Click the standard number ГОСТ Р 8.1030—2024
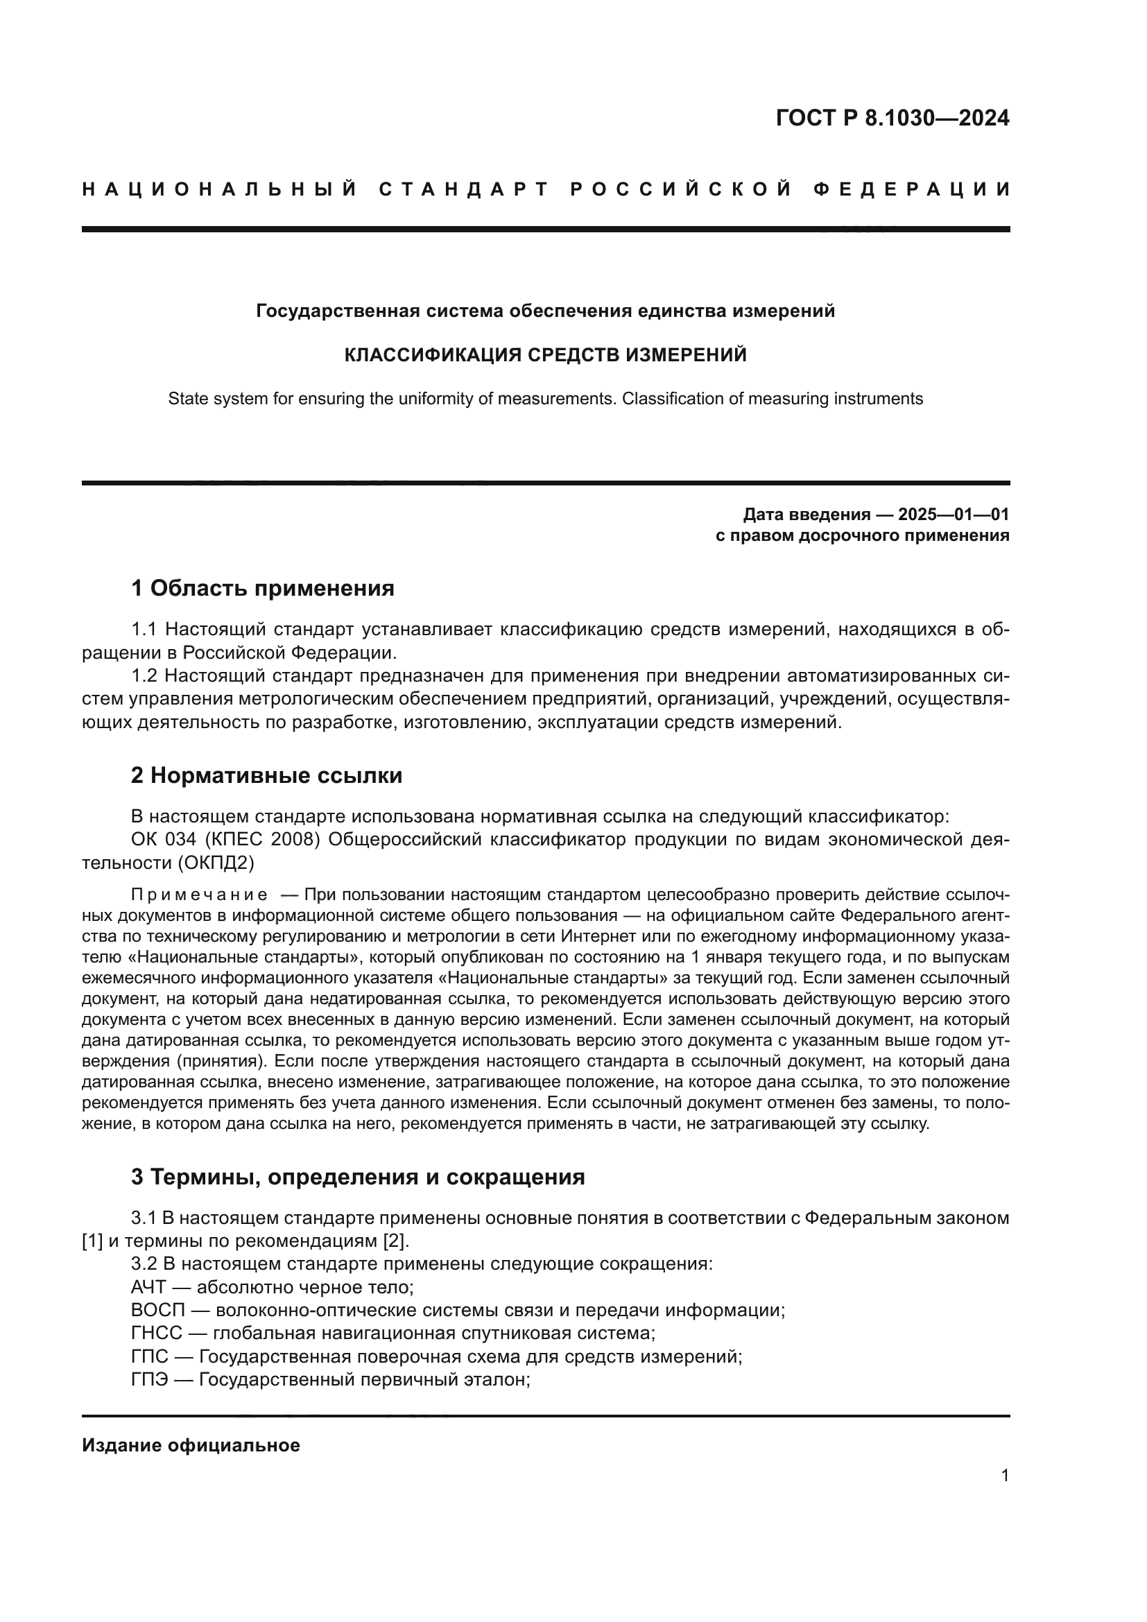pyautogui.click(x=892, y=118)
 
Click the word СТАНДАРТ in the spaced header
pyautogui.click(x=464, y=189)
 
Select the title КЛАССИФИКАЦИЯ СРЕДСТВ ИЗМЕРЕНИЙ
pyautogui.click(x=545, y=354)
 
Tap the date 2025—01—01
pyautogui.click(x=954, y=515)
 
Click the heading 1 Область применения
pyautogui.click(x=263, y=588)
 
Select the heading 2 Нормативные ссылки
pyautogui.click(x=267, y=776)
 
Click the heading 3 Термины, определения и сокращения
pyautogui.click(x=358, y=1177)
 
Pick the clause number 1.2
pyautogui.click(x=145, y=676)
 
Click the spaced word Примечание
pyautogui.click(x=199, y=895)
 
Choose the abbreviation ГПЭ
pyautogui.click(x=150, y=1380)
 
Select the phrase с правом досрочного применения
pyautogui.click(x=863, y=535)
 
